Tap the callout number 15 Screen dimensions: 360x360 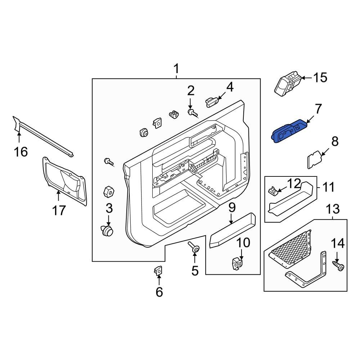coord(320,77)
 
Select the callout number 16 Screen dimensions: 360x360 coord(21,152)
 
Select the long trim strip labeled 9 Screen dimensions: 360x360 coord(233,230)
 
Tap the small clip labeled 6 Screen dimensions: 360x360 coord(158,270)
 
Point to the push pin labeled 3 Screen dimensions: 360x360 coord(107,230)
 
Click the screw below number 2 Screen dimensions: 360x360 coord(193,113)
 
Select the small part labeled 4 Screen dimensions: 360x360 coord(211,102)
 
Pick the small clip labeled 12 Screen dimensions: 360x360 coord(273,190)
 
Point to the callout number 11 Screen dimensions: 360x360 coord(327,187)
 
